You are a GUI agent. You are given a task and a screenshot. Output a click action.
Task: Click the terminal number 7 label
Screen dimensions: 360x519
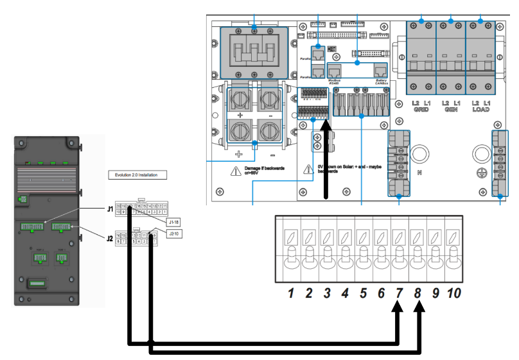click(400, 293)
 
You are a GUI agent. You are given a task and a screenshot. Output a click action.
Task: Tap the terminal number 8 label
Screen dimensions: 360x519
click(418, 293)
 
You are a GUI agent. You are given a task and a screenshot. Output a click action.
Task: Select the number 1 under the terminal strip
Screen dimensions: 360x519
click(291, 293)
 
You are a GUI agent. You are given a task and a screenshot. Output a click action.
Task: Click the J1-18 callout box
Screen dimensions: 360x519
click(173, 221)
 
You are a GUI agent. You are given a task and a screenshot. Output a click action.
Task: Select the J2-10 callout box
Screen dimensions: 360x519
click(172, 234)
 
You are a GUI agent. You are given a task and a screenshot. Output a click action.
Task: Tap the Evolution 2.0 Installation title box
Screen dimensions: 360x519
click(136, 175)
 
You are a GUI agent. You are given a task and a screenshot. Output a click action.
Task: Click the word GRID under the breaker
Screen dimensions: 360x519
click(421, 110)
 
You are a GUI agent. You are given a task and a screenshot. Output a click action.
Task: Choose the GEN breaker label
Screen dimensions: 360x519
click(450, 110)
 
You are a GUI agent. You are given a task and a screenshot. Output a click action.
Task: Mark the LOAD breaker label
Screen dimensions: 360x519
click(480, 110)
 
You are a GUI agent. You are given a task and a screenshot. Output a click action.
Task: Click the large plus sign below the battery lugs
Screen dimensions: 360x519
click(240, 155)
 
